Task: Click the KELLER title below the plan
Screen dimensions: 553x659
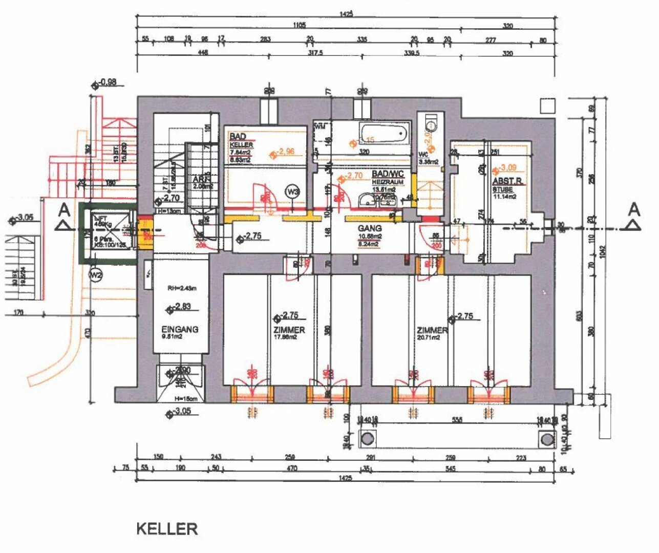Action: [x=167, y=528]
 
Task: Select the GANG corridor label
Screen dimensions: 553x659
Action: [x=370, y=228]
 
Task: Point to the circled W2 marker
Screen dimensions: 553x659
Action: [x=96, y=275]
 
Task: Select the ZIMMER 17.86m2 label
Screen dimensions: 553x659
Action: [x=289, y=330]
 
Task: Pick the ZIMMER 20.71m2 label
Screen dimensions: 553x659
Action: [x=432, y=331]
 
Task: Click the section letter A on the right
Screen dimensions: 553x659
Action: [x=634, y=209]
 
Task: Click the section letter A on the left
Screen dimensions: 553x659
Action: [x=64, y=209]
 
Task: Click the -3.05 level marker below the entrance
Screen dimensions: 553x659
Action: [x=180, y=411]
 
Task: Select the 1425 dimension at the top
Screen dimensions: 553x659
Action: [x=346, y=15]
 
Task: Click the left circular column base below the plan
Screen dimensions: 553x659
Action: [x=367, y=439]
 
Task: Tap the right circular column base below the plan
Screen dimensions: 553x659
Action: [x=547, y=439]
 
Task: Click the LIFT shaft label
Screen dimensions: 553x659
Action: [x=99, y=219]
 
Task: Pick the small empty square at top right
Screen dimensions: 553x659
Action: [x=547, y=105]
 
